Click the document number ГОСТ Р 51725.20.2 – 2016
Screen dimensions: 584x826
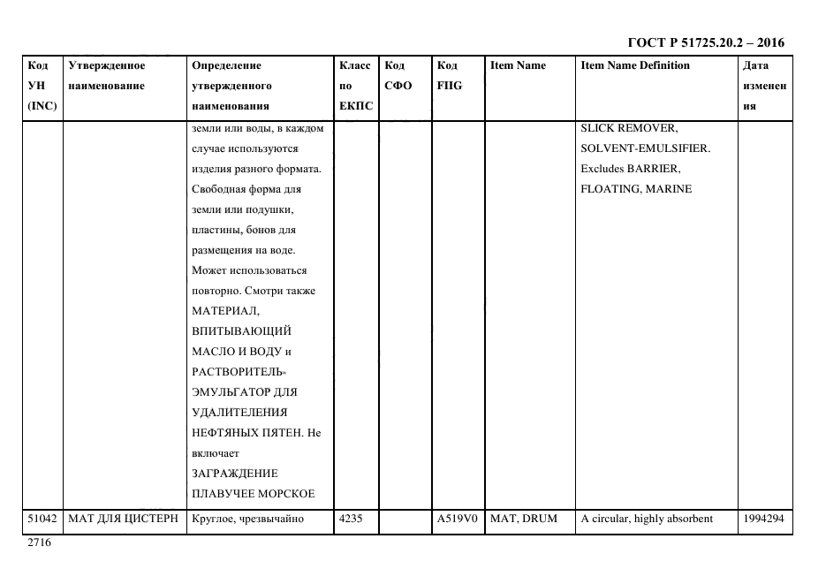point(705,42)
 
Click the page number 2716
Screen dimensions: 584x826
point(39,543)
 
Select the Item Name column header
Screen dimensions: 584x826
point(518,65)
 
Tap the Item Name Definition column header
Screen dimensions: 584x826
point(635,65)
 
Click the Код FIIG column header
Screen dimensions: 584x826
point(449,76)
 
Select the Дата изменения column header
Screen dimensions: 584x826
point(764,86)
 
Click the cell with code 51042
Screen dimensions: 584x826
point(42,520)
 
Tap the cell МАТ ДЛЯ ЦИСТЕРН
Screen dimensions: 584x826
point(123,520)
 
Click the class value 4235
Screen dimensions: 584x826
point(351,520)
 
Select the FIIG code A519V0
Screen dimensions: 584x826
point(457,520)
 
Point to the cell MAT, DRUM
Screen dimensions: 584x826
point(524,520)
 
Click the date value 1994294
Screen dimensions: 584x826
point(764,520)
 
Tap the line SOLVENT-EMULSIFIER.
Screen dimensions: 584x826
point(645,148)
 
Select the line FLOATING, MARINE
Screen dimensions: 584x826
point(636,189)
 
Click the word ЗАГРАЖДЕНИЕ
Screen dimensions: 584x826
point(234,474)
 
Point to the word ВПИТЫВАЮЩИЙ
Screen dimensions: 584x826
point(241,331)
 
